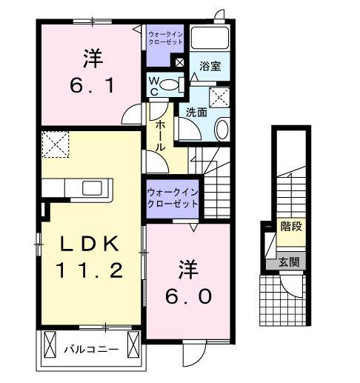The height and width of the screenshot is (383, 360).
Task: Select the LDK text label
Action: (x=88, y=244)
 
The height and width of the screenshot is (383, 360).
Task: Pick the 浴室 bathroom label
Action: (x=210, y=67)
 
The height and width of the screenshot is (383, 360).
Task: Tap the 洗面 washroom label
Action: (x=196, y=113)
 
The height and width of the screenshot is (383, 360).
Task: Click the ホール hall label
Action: (x=161, y=136)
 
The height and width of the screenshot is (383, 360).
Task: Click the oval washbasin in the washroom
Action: (x=221, y=130)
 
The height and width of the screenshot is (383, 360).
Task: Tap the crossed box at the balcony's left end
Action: (x=50, y=345)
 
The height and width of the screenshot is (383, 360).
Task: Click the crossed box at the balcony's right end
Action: (x=133, y=345)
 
